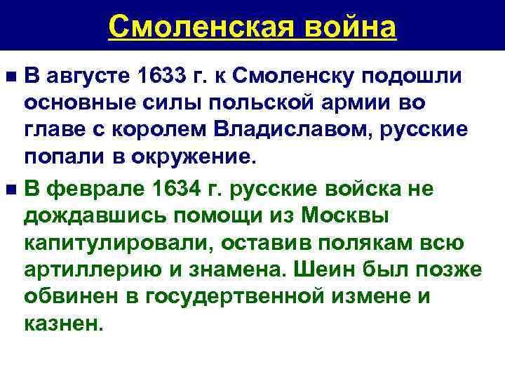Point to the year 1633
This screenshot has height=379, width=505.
157,75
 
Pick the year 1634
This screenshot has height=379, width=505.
160,188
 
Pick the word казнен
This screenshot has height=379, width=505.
62,325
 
